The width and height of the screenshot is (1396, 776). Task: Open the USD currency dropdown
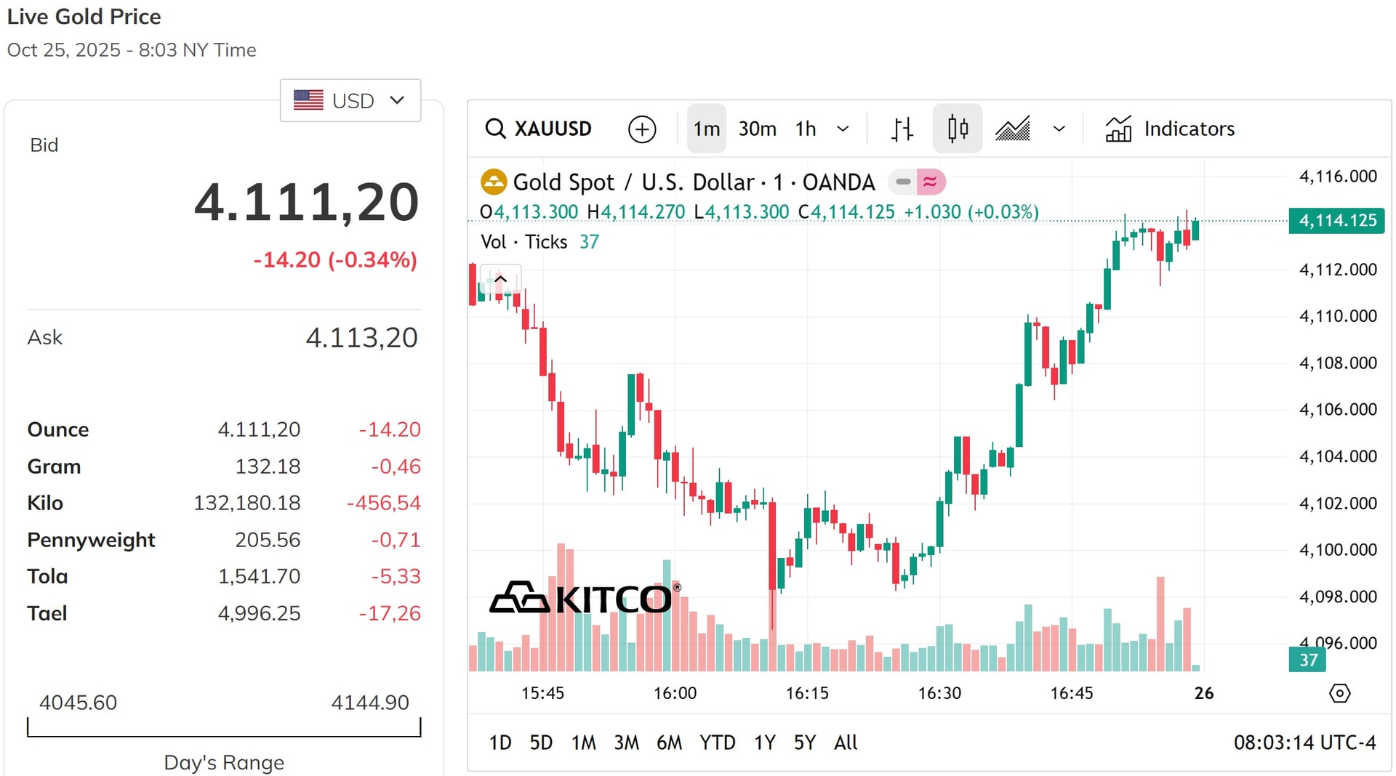coord(350,100)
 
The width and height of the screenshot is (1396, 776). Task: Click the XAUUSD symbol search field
coord(539,129)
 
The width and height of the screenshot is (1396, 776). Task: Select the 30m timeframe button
coord(757,129)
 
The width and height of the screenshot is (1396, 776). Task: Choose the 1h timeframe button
coord(806,129)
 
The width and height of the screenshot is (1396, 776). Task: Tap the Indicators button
coord(1170,129)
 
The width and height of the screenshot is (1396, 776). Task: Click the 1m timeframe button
coord(706,129)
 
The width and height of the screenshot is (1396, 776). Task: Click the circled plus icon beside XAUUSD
coord(642,129)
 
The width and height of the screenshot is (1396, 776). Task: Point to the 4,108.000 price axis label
coord(1338,363)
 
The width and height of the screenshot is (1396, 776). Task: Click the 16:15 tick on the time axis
coord(807,693)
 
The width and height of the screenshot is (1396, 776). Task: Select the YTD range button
coord(717,743)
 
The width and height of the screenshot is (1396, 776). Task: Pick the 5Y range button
coord(805,743)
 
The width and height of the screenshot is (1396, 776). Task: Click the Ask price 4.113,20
coord(361,338)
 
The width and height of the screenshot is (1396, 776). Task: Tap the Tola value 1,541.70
coord(259,576)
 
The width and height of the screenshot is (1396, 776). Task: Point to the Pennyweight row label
coord(91,540)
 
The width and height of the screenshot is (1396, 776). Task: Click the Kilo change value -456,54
coord(384,503)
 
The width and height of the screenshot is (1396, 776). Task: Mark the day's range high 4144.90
coord(370,703)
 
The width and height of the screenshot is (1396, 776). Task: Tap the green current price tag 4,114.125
coord(1336,220)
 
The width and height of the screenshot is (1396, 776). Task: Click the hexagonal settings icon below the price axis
coord(1339,693)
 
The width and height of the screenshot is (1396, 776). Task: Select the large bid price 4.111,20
coord(307,202)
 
